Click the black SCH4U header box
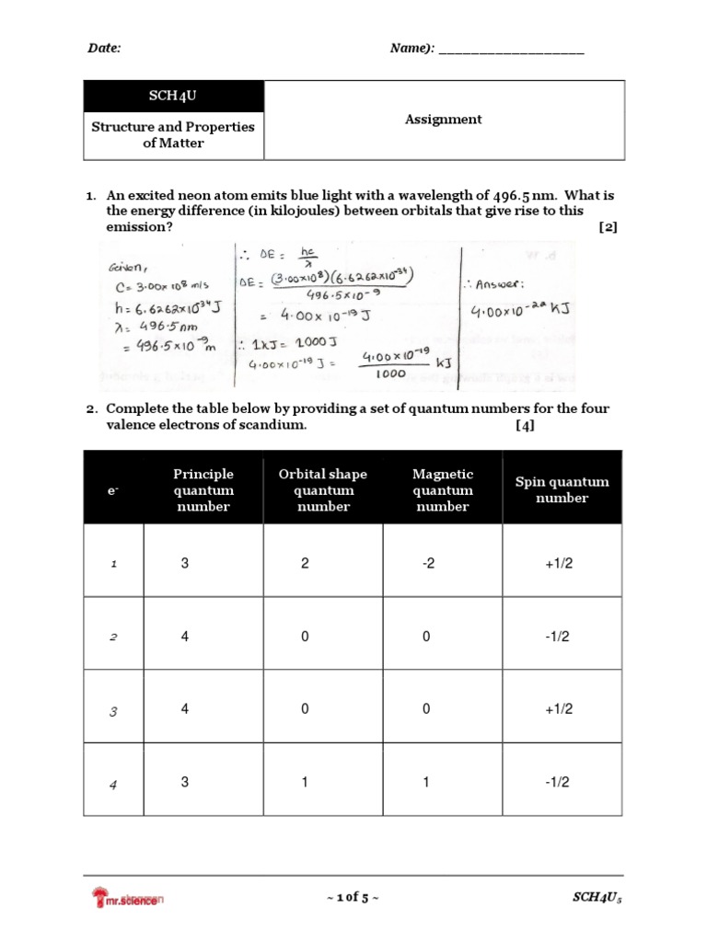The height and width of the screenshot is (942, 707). (173, 97)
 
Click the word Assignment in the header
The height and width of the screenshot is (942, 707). (444, 119)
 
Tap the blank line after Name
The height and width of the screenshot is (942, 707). (511, 49)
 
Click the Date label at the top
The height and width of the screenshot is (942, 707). (104, 48)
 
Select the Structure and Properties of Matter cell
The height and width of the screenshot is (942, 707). (173, 135)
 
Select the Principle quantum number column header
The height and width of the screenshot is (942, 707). (203, 489)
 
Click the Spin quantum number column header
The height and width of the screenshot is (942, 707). (562, 489)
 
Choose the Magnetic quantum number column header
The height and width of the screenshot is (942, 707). (443, 489)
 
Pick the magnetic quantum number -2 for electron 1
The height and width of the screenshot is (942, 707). (427, 563)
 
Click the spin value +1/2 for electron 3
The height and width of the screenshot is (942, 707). (558, 708)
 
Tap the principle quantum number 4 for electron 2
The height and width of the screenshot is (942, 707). (185, 636)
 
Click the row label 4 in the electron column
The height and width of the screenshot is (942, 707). (114, 785)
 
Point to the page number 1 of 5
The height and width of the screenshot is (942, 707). (352, 898)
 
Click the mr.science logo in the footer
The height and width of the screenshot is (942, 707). (127, 898)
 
